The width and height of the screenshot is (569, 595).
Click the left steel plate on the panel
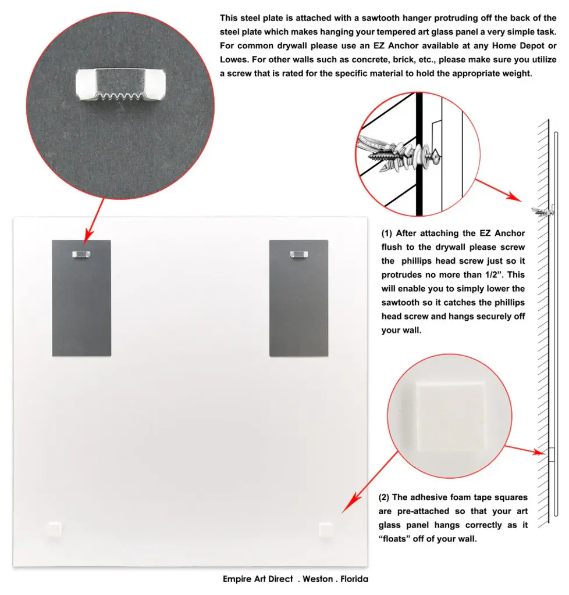pyautogui.click(x=81, y=308)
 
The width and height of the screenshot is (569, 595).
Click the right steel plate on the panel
pyautogui.click(x=298, y=308)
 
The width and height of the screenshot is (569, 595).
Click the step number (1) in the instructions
pyautogui.click(x=387, y=234)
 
